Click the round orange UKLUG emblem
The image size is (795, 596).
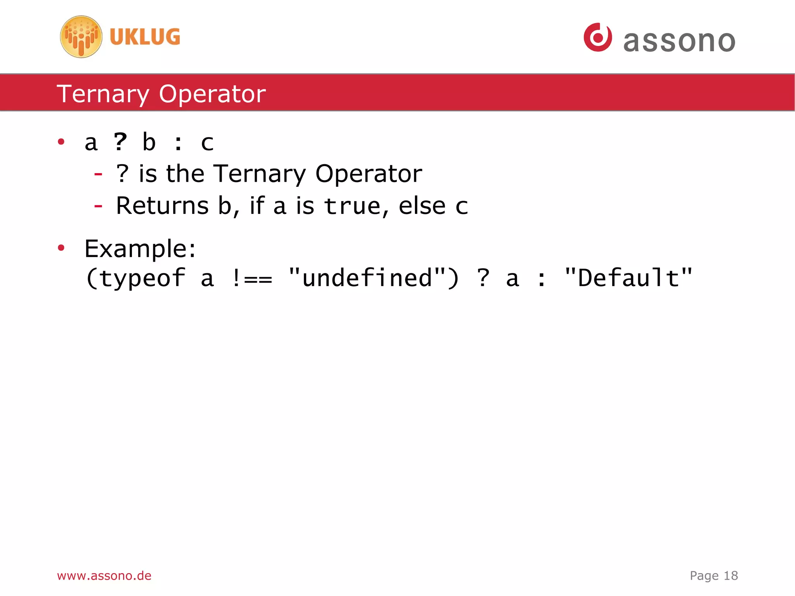(x=81, y=37)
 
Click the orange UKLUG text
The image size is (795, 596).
(x=145, y=37)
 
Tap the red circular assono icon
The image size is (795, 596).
(x=598, y=37)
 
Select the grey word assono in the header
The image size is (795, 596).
(x=679, y=41)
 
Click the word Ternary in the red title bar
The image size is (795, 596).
(x=103, y=94)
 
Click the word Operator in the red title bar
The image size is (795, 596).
(x=212, y=94)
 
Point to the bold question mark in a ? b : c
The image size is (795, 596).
(x=120, y=142)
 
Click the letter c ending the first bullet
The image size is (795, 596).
(x=207, y=143)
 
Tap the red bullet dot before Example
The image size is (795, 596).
(x=61, y=248)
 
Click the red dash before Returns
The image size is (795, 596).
(x=98, y=206)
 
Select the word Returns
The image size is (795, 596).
(x=162, y=206)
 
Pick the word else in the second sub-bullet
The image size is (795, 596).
(x=422, y=206)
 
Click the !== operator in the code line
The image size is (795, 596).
(x=252, y=278)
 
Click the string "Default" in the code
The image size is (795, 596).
(x=628, y=278)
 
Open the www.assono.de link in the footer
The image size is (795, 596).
(x=104, y=575)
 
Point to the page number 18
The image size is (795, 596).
(x=731, y=575)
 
